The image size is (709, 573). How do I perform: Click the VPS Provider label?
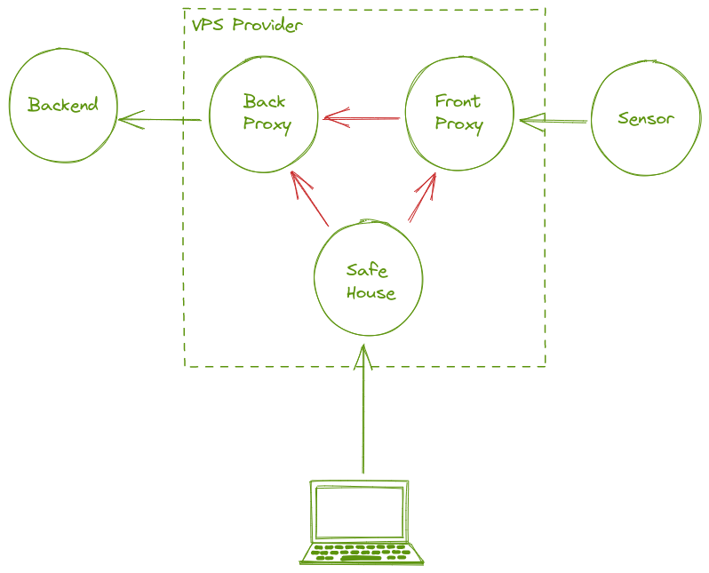coord(246,25)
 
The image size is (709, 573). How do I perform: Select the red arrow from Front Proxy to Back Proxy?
coord(362,117)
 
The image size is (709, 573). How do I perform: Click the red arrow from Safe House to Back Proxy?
coord(310,198)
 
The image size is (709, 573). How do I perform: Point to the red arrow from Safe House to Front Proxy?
coord(421,198)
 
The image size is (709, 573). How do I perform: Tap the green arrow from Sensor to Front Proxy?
coord(553,121)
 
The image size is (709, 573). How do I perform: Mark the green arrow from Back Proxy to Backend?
coord(160,119)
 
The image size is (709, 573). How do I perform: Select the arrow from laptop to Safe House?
coord(362,409)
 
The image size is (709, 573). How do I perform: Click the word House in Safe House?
coord(370,293)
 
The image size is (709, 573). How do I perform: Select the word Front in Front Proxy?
coord(458,100)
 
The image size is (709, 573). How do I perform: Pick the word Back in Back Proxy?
coord(265,100)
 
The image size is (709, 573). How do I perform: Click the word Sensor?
coord(646,118)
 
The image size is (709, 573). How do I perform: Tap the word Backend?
coord(62,105)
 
